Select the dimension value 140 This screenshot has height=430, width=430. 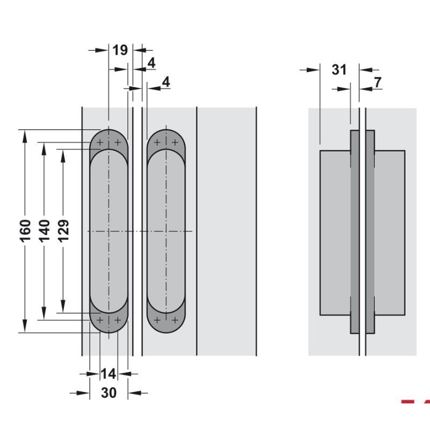[45, 231]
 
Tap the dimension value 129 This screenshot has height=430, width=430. [63, 231]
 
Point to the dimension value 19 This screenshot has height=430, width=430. [120, 50]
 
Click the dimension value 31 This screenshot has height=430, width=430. [339, 69]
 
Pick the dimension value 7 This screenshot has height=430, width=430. [377, 82]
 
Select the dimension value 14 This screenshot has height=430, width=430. [108, 374]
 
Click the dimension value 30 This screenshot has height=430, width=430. [109, 393]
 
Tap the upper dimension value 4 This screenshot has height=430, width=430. [152, 63]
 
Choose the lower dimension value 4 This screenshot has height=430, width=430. [166, 82]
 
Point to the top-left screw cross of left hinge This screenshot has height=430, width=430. [100, 143]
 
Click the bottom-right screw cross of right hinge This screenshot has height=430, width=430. [175, 320]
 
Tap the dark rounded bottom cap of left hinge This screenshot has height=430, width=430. [109, 324]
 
